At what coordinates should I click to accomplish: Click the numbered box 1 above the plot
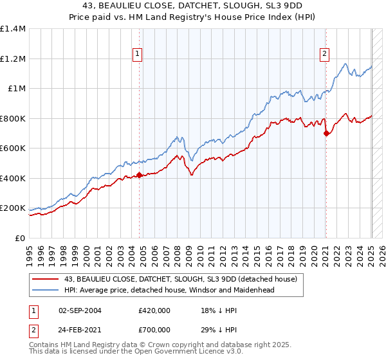pos(138,54)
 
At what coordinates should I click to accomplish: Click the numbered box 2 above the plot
pos(324,54)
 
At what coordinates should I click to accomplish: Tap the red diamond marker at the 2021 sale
pos(326,133)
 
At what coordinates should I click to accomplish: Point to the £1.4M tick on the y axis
pos(13,29)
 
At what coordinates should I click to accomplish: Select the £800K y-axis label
pos(13,118)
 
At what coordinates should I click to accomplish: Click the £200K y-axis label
pos(13,208)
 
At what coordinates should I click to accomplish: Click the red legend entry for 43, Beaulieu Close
pos(180,279)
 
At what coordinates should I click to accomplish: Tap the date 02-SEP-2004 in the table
pos(80,310)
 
